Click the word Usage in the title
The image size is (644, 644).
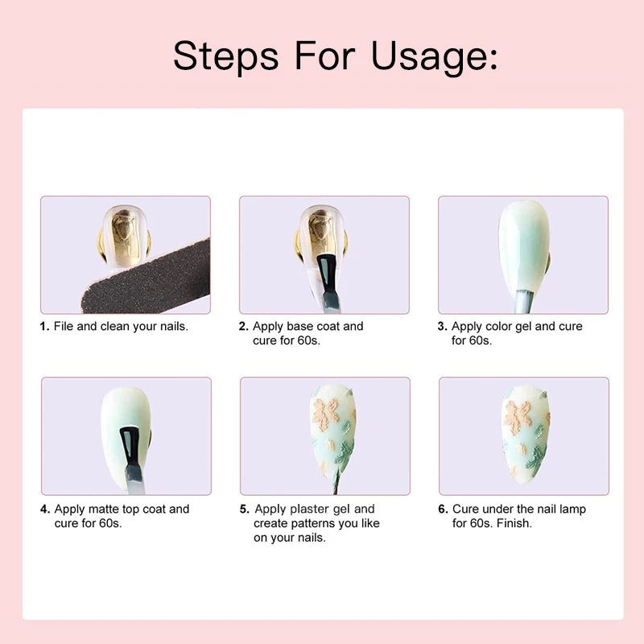pos(434,57)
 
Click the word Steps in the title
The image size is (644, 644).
pos(226,56)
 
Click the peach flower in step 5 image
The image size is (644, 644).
pos(326,414)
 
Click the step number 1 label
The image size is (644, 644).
pos(45,327)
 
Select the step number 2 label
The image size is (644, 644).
pos(244,327)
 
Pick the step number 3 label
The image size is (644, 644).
pos(442,327)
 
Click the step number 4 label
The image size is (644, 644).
pos(45,510)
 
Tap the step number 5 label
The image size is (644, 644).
pos(245,510)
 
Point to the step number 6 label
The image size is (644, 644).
pos(444,510)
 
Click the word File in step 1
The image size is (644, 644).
pos(64,327)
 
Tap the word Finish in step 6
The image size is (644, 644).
pos(514,523)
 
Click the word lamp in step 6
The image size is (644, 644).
pos(573,510)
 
